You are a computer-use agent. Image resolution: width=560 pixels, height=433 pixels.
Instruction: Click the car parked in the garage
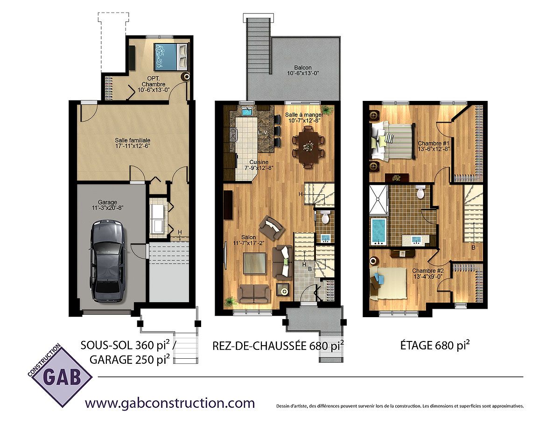pos(108,261)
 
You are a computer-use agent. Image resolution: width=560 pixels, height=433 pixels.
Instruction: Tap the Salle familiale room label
pos(133,143)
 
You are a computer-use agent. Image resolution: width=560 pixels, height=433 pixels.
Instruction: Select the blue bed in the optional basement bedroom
pos(171,57)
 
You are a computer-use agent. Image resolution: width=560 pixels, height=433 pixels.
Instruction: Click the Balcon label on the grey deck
pos(303,71)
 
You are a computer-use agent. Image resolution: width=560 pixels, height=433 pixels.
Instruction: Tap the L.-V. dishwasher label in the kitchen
pos(263,133)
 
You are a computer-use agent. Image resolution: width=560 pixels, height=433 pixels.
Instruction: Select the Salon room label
pos(249,240)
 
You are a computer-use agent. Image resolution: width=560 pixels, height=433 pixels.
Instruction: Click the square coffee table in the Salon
pos(255,265)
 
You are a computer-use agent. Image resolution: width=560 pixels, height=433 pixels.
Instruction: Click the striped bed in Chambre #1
pos(392,142)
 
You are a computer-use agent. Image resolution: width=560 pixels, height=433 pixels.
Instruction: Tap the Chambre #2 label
pos(428,273)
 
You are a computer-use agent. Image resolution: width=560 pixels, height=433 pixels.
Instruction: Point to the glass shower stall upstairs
pos(378,199)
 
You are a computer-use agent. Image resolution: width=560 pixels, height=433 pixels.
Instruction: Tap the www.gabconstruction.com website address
pos(170,403)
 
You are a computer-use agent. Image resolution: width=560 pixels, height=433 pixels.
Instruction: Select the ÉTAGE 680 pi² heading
pos(435,345)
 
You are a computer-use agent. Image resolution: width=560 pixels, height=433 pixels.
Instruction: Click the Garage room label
pos(107,205)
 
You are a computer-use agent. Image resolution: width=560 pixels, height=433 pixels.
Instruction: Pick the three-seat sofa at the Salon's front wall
pos(254,293)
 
